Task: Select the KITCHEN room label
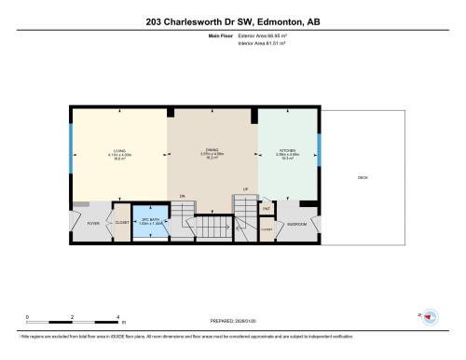click(287, 149)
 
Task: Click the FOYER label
click(92, 224)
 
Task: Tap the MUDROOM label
click(296, 224)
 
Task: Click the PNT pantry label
click(266, 209)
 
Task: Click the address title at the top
click(232, 21)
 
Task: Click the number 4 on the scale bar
click(118, 317)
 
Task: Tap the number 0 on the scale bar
click(28, 317)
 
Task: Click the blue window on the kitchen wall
click(318, 147)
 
